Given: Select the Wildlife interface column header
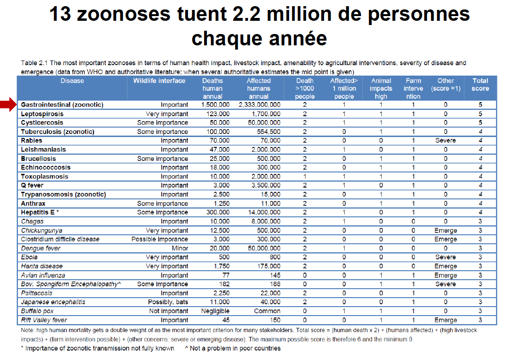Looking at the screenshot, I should click(x=159, y=81).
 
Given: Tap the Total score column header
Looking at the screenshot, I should click(x=480, y=85).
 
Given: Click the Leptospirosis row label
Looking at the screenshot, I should click(x=42, y=114).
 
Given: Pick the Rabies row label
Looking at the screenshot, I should click(x=32, y=140).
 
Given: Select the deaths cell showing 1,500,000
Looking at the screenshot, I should click(x=215, y=105).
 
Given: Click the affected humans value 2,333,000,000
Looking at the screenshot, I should click(x=259, y=105).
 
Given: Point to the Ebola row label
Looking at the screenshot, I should click(x=29, y=257).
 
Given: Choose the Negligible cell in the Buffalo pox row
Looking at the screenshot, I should click(x=215, y=311).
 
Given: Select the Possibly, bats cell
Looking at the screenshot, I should click(x=168, y=302).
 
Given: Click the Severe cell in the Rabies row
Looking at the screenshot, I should click(x=445, y=140).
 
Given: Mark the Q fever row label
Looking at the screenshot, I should click(x=32, y=185).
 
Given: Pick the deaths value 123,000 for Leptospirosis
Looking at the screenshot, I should click(x=218, y=114).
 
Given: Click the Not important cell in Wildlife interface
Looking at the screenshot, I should click(x=169, y=311).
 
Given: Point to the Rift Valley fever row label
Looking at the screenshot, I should click(x=44, y=320).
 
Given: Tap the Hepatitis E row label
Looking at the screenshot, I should click(x=40, y=212).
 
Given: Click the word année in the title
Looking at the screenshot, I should click(x=299, y=38).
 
